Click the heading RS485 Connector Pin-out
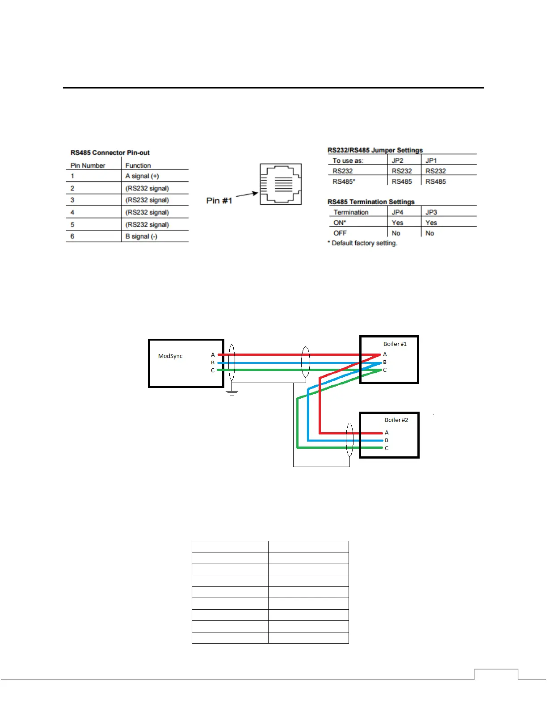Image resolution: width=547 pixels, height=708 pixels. [x=110, y=152]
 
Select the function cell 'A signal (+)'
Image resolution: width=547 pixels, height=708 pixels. [x=142, y=176]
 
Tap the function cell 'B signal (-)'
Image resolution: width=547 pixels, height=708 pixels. [x=141, y=236]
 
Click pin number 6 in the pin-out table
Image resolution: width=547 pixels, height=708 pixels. [x=72, y=236]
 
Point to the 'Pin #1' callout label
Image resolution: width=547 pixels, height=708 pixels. [x=219, y=201]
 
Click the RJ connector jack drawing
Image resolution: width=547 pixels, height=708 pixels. [x=281, y=184]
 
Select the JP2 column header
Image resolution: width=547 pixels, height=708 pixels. [x=397, y=160]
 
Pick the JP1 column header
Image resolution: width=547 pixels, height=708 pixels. [x=431, y=160]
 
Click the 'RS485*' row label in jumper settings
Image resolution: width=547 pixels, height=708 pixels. [x=344, y=181]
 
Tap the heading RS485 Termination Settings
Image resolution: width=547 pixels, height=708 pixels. [x=371, y=202]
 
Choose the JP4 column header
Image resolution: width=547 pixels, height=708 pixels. [x=397, y=212]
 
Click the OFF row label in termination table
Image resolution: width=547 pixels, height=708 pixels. [x=340, y=233]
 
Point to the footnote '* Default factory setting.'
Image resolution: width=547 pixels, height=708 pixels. [x=362, y=243]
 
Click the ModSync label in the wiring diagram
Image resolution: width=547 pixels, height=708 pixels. [x=170, y=356]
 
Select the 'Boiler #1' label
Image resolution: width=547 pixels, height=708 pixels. [x=395, y=344]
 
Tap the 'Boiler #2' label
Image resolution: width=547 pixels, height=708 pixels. [x=396, y=420]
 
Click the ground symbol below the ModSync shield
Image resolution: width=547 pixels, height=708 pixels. [x=232, y=393]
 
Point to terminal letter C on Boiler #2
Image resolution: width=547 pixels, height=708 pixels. [x=387, y=448]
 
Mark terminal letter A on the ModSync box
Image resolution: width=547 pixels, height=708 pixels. [x=213, y=355]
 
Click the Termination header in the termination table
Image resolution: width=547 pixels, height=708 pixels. [x=351, y=212]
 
